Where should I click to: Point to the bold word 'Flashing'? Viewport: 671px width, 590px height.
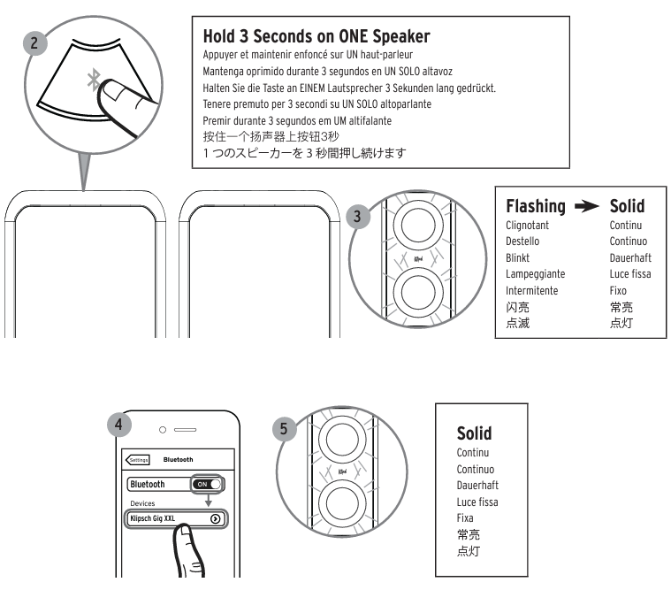[535, 206]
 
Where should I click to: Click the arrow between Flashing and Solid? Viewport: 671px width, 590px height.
[587, 207]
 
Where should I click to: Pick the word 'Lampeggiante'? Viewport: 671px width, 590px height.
[534, 274]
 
